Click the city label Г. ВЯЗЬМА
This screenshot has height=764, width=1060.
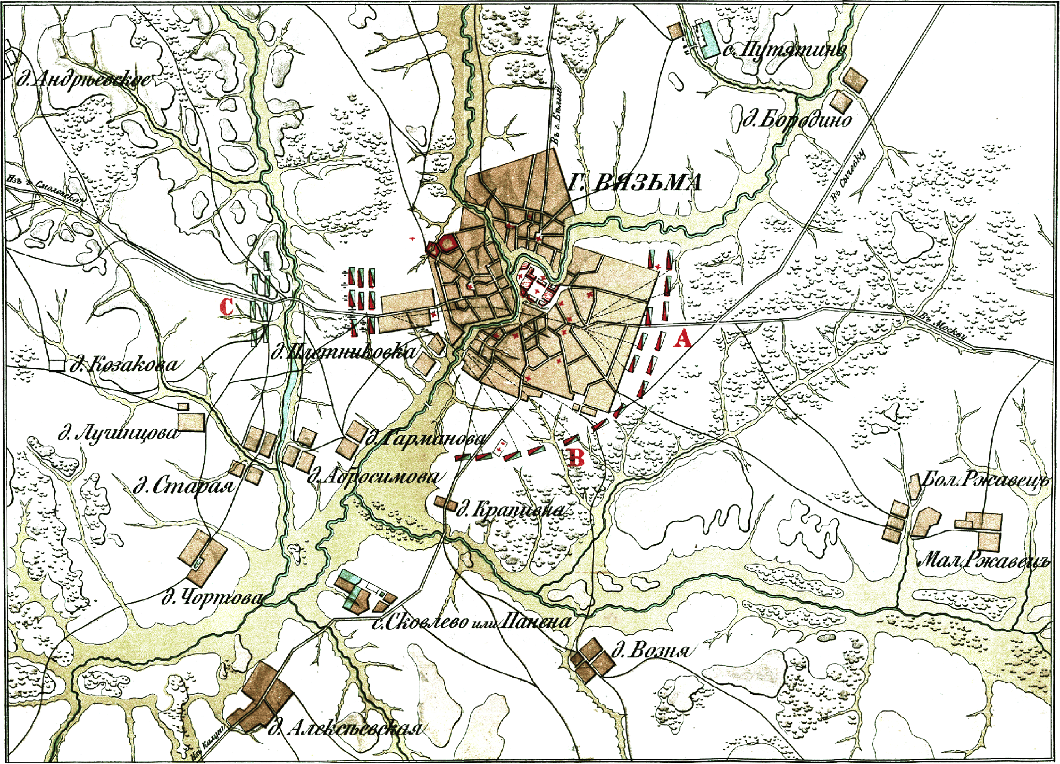[x=635, y=182]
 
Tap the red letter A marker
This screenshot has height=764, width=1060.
[x=682, y=338]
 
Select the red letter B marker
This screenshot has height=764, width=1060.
[x=576, y=457]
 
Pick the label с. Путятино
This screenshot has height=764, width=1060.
[x=784, y=50]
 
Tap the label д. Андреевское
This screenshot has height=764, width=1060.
[x=83, y=80]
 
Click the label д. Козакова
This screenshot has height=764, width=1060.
[x=125, y=364]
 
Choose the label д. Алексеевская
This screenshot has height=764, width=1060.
[x=345, y=729]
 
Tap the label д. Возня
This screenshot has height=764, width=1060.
[x=650, y=650]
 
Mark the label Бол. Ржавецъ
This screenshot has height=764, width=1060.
[x=985, y=480]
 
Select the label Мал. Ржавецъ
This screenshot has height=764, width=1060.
[x=983, y=560]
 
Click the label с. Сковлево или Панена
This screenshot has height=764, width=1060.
[x=472, y=622]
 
